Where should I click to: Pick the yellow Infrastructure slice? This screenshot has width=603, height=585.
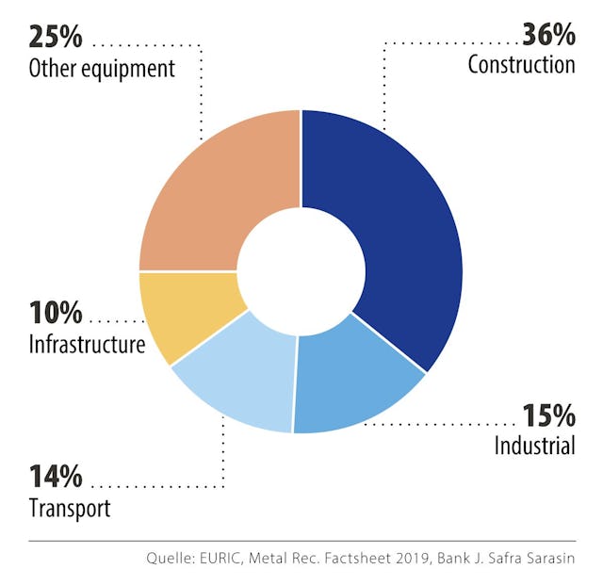(185, 311)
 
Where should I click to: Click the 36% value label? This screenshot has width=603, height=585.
(548, 36)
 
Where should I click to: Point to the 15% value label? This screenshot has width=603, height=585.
(548, 414)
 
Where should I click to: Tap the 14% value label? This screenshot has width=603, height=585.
(56, 477)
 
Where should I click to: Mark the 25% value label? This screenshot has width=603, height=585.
(56, 37)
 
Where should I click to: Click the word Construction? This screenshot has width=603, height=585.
(521, 65)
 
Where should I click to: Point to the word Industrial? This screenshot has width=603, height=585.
(534, 445)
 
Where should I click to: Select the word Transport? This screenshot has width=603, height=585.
(69, 509)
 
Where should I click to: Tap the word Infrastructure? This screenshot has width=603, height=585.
(87, 345)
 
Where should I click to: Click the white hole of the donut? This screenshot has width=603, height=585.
(301, 271)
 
